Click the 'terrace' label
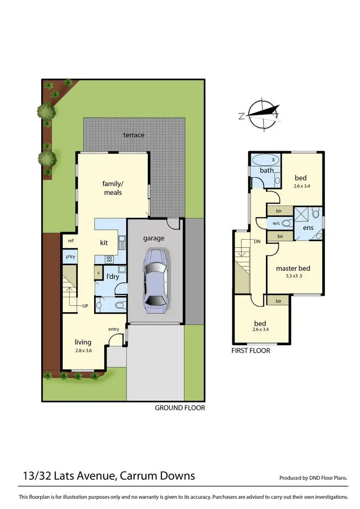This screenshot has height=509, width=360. [x=133, y=135]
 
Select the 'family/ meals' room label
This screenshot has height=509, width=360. [x=112, y=188]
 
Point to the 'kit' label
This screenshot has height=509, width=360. [x=104, y=242]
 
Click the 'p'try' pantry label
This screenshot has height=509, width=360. [x=70, y=257]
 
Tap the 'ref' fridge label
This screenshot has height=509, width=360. [x=71, y=241]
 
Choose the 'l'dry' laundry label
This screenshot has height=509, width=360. [x=113, y=277]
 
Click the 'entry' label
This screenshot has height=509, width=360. [x=114, y=329]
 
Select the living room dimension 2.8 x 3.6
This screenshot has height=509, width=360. [x=83, y=351]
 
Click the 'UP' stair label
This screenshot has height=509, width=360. [x=84, y=305]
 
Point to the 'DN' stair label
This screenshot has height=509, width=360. [x=257, y=242]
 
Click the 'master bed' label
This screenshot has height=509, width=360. [x=293, y=268]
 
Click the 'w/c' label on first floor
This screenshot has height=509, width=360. [x=276, y=223]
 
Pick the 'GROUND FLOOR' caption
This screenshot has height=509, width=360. [x=180, y=408]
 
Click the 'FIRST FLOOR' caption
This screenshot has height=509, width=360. [x=251, y=351]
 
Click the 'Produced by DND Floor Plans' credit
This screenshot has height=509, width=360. [x=313, y=478]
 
